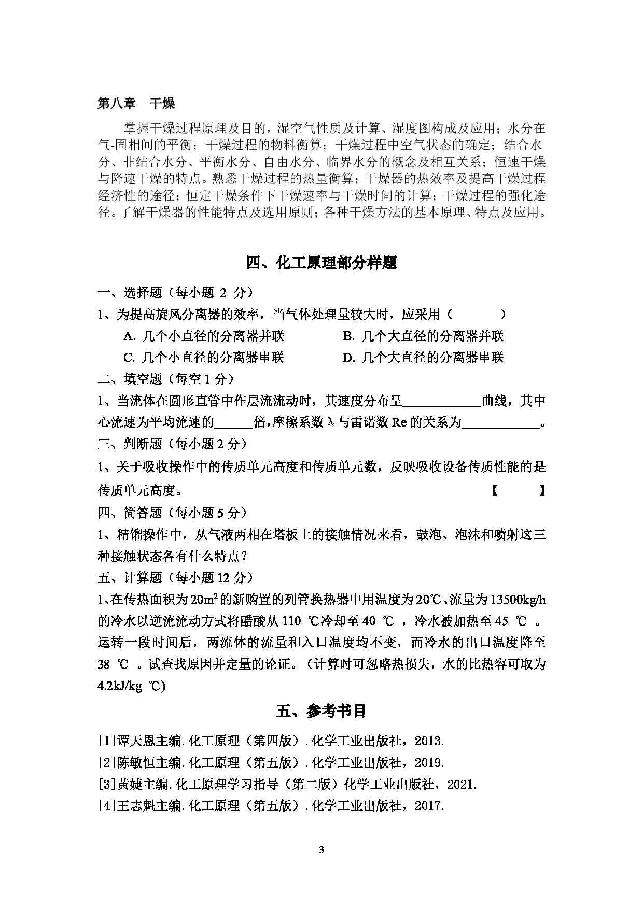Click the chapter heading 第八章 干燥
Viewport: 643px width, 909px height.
pos(136,104)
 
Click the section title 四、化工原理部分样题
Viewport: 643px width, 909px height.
pos(321,263)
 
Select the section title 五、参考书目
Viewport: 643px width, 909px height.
pos(321,711)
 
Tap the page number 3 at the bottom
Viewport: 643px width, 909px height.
pos(321,849)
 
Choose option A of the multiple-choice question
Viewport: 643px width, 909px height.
pos(204,336)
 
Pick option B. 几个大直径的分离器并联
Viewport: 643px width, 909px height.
pos(423,336)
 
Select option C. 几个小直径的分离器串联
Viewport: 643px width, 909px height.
pos(204,357)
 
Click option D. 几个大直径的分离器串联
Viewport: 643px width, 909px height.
pos(423,357)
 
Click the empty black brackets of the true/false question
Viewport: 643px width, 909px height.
pos(518,490)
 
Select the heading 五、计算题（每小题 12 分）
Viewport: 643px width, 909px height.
pos(176,577)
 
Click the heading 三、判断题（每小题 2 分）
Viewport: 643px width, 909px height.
pos(173,444)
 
